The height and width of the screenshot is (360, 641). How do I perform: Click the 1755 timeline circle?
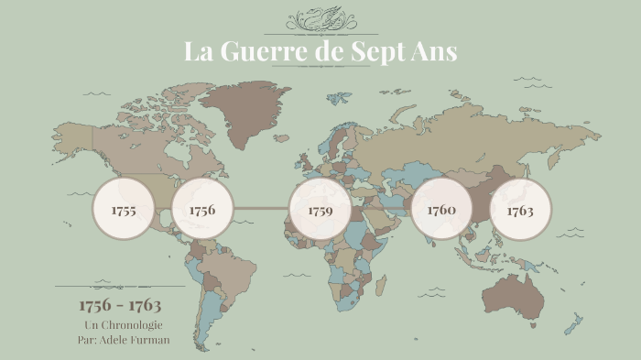click(x=123, y=210)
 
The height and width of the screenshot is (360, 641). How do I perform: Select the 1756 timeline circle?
click(x=201, y=210)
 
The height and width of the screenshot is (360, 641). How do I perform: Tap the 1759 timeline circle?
click(x=320, y=210)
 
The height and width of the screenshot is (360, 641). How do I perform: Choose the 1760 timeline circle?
click(x=441, y=209)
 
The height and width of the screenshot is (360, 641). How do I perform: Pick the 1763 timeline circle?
click(x=520, y=210)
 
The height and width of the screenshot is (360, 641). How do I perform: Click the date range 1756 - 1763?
click(x=120, y=304)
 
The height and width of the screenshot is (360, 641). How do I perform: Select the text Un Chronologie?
click(x=123, y=325)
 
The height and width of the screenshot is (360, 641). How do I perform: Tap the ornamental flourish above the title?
click(x=320, y=19)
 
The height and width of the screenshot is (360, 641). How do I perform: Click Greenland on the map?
click(x=245, y=110)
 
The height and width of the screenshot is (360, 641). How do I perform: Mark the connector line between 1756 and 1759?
click(x=260, y=210)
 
